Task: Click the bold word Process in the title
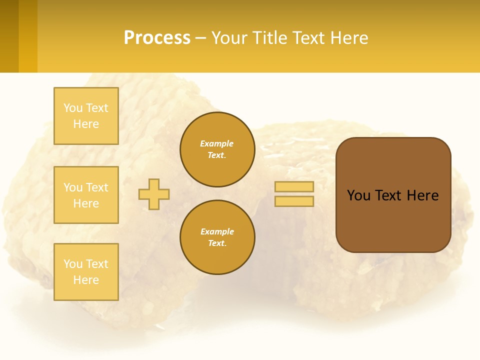coord(157,38)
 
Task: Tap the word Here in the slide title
coord(348,38)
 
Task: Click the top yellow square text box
coord(86,116)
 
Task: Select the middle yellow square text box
coord(86,195)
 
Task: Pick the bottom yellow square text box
coord(86,272)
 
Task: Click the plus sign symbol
coord(154,194)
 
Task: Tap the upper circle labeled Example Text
coord(217,149)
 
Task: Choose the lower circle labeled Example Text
coord(217,237)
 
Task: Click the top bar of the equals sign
coord(294,186)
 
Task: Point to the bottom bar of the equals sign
coord(294,201)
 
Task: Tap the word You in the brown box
coord(358,195)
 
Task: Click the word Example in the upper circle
coord(217,143)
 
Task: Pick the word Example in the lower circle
coord(217,231)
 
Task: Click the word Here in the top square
coord(86,124)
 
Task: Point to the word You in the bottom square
coord(73,264)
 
